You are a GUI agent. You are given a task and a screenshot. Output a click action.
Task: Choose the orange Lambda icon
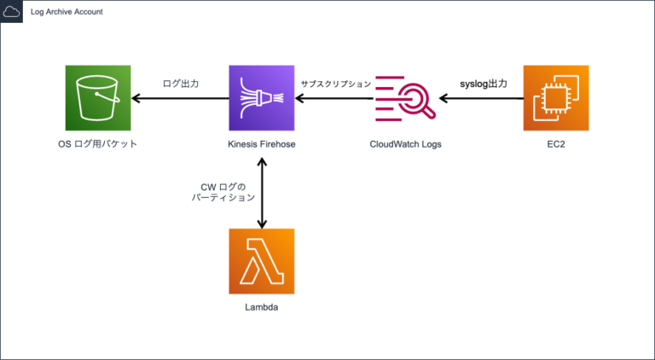click(262, 261)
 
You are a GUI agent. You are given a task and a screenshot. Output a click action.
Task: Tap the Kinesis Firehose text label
click(262, 144)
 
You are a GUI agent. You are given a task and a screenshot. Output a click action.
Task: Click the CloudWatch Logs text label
click(405, 144)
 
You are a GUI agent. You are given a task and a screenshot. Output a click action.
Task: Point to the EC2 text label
click(556, 144)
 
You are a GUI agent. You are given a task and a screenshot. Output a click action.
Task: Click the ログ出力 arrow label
click(180, 84)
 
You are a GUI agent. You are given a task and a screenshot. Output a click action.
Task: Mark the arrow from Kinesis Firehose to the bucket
click(180, 98)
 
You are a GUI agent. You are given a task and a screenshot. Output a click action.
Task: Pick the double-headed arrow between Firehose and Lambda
click(262, 192)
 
